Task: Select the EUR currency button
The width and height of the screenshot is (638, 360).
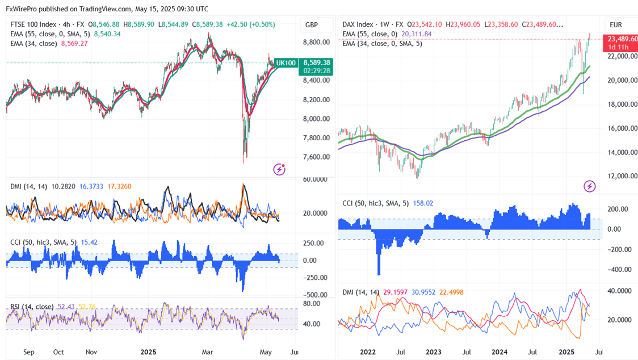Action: (x=616, y=25)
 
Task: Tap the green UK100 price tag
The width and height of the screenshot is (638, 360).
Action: (x=286, y=62)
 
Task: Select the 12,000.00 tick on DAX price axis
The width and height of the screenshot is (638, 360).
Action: (x=622, y=176)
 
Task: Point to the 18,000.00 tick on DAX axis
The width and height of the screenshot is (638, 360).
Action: (x=622, y=104)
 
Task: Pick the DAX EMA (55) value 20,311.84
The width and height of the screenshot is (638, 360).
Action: (x=417, y=34)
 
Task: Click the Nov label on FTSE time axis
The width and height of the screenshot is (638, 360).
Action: (x=91, y=352)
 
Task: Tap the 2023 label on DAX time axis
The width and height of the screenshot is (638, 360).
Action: (x=434, y=352)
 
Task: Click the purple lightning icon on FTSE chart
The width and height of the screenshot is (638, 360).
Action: (x=279, y=169)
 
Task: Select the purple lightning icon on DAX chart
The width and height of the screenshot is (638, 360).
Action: (x=590, y=186)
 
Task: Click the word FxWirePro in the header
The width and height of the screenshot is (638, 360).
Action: (x=22, y=9)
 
